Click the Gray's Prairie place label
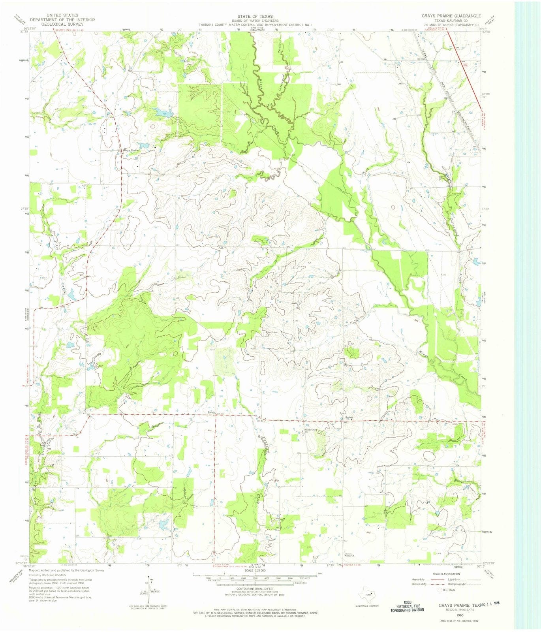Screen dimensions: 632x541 [x=131, y=150]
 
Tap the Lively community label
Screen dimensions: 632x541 [x=211, y=412]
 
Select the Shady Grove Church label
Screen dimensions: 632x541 [x=311, y=430]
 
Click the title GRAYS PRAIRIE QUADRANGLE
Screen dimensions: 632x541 [x=451, y=16]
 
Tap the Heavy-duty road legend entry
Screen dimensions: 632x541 [x=418, y=579]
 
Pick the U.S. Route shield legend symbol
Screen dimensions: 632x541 [x=439, y=590]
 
